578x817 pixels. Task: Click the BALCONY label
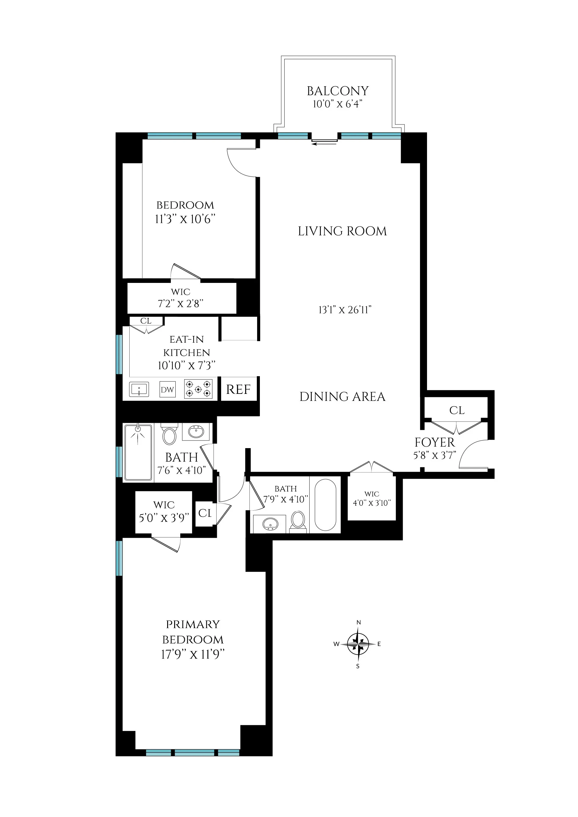(337, 91)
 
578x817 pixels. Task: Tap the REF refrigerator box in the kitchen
(238, 389)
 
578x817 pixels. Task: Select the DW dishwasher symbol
(167, 390)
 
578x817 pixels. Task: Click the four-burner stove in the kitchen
(198, 389)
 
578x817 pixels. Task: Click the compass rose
(358, 644)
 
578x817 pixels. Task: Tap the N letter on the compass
(359, 623)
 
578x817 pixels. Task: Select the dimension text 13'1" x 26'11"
(345, 310)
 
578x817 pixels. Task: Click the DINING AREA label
(342, 397)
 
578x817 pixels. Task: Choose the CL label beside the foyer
(457, 410)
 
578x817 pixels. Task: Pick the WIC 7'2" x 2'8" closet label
(181, 298)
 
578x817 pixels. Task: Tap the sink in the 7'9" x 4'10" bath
(270, 523)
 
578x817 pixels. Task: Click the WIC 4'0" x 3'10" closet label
(372, 498)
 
